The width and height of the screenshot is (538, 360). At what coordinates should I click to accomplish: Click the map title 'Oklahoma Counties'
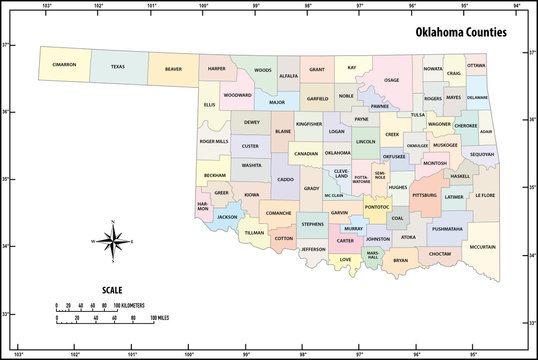(x=461, y=32)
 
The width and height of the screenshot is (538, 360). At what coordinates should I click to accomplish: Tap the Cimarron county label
(x=65, y=67)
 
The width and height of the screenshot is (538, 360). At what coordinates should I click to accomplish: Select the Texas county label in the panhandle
(x=118, y=67)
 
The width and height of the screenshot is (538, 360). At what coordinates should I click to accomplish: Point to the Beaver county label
(x=173, y=70)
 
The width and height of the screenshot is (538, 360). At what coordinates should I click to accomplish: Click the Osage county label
(x=391, y=80)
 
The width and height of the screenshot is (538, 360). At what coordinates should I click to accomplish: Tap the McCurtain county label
(x=483, y=246)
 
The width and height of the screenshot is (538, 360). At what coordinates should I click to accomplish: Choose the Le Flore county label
(x=485, y=195)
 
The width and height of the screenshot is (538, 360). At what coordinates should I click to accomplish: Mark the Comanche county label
(x=278, y=213)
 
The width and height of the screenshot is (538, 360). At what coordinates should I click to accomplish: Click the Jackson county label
(x=227, y=216)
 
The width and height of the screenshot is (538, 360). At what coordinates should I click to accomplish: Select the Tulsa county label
(x=416, y=115)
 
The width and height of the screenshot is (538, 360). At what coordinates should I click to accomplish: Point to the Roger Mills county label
(x=213, y=142)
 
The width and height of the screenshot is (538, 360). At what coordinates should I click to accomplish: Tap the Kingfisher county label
(x=309, y=125)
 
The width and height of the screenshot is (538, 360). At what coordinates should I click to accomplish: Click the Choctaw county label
(x=440, y=254)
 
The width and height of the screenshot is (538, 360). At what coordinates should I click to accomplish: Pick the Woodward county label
(x=237, y=95)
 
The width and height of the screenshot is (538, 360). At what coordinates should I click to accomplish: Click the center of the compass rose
(x=113, y=241)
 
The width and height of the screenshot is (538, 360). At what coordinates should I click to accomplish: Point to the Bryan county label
(x=400, y=261)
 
